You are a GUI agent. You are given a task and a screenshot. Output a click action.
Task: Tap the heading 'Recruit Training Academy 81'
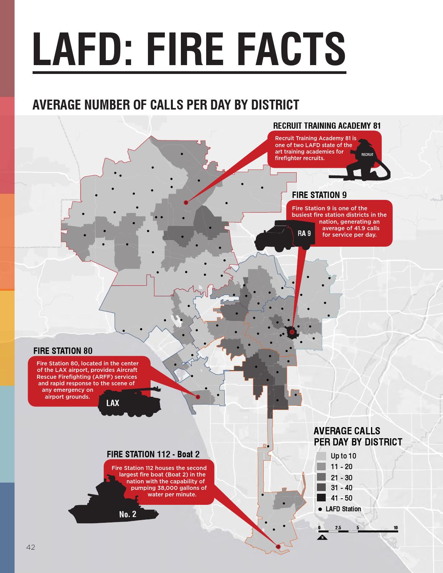pos(327,126)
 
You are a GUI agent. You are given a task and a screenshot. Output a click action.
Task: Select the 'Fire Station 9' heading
pos(319,195)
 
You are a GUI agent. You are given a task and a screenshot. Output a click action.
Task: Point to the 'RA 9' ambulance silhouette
pos(285,235)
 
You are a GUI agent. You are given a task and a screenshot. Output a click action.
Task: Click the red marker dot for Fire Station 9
pos(292,332)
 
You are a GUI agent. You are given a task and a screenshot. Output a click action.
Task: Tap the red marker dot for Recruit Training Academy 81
pos(186,202)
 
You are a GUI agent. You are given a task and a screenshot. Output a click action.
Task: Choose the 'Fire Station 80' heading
pos(63,351)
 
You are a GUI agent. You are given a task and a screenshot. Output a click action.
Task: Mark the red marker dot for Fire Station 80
pos(198,397)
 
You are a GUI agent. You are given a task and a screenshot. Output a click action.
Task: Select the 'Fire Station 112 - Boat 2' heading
pos(153,454)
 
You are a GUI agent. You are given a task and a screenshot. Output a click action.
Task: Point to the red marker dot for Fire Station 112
pos(278,547)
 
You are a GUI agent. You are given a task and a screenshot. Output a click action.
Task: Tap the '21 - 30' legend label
pos(341,478)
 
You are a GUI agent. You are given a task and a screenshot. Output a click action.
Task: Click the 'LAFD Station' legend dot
pos(320,509)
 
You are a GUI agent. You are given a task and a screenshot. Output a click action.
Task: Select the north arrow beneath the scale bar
pos(323,537)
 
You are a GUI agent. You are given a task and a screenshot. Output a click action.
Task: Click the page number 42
pos(31,548)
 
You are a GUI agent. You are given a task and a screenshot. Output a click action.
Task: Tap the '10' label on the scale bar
pos(395,528)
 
